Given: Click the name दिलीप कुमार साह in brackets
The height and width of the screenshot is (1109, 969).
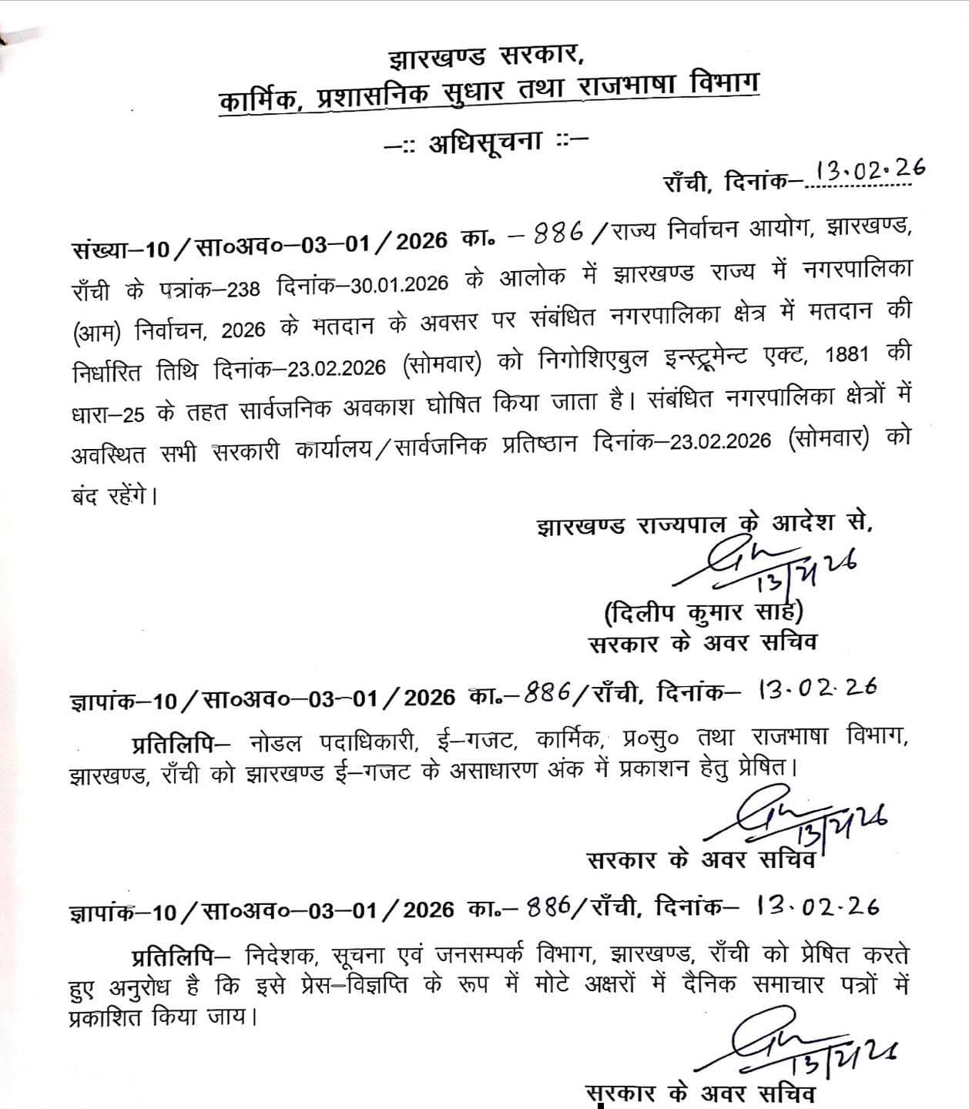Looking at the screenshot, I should tap(704, 614).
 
